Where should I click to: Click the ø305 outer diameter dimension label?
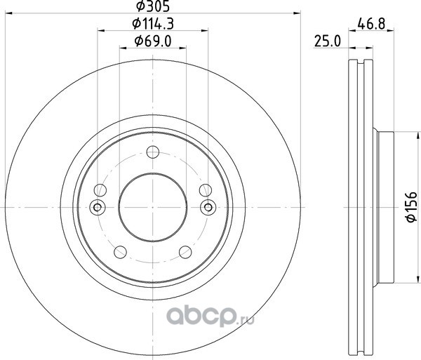pyautogui.click(x=153, y=6)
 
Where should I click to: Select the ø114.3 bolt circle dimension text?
pyautogui.click(x=153, y=24)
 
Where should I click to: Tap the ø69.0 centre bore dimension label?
pyautogui.click(x=153, y=41)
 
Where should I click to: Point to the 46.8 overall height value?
pyautogui.click(x=371, y=24)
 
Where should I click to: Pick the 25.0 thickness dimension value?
pyautogui.click(x=327, y=41)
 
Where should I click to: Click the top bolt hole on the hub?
pyautogui.click(x=153, y=152)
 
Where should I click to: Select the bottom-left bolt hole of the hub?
pyautogui.click(x=120, y=252)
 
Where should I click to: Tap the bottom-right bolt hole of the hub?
pyautogui.click(x=185, y=252)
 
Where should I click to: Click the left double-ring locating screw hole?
pyautogui.click(x=98, y=207)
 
